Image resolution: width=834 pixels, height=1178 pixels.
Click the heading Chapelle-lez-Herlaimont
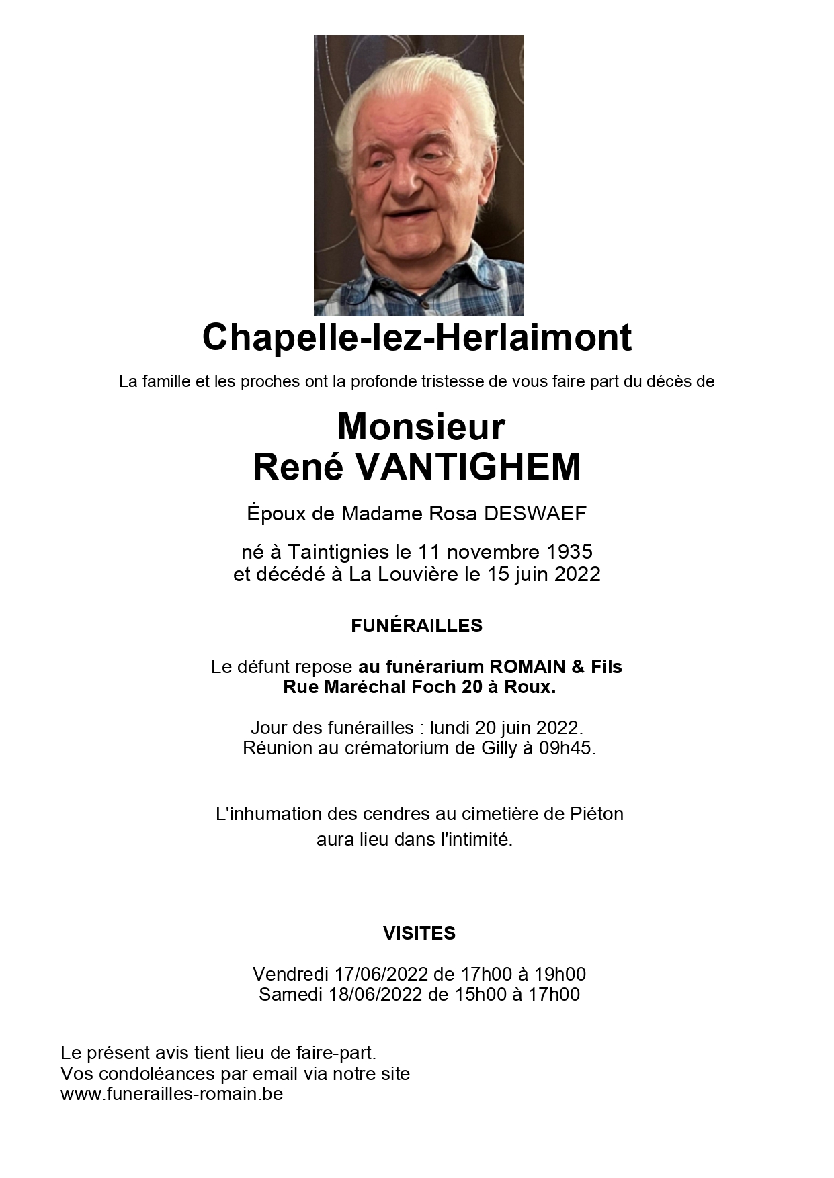coord(417,337)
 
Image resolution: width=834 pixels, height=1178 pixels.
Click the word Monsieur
coord(421,426)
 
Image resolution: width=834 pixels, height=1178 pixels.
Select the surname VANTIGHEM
coord(467,467)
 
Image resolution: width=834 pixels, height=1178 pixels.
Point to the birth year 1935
coord(569,552)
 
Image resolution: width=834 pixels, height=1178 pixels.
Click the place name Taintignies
coord(339,552)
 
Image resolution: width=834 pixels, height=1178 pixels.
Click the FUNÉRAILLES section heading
coord(417,626)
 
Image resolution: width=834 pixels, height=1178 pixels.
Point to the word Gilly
coord(499,747)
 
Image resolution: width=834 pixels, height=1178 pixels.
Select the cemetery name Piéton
coord(597,814)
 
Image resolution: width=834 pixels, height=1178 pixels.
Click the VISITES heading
coord(419,933)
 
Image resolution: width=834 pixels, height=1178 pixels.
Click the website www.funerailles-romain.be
coord(172,1093)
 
